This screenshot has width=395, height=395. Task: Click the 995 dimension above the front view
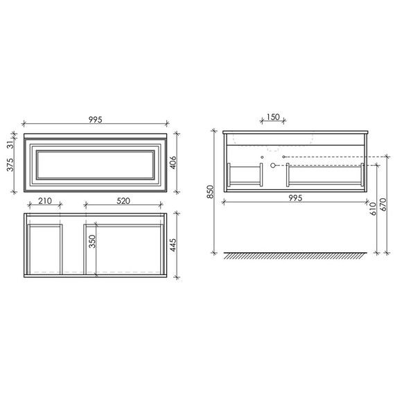96,120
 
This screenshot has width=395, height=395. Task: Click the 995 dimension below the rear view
295,198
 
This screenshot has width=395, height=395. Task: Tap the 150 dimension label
273,117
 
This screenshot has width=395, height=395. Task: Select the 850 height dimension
210,192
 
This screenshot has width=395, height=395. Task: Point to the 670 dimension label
383,204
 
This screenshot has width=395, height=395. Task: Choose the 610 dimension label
373,209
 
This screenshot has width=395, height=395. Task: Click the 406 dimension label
173,163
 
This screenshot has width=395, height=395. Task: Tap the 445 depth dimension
173,245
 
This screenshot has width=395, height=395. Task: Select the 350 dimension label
92,241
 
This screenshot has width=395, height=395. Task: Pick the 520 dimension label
123,201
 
